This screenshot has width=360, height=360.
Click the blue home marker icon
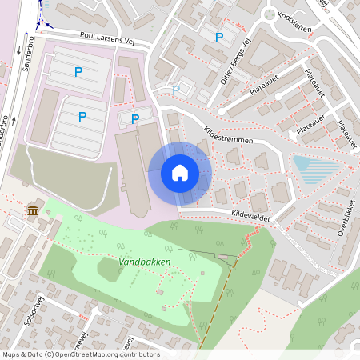[180, 173]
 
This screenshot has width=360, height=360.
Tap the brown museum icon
[33, 210]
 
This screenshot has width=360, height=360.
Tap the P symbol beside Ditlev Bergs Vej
[218, 37]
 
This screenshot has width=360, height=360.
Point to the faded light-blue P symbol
[176, 90]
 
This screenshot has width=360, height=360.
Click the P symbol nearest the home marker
[135, 119]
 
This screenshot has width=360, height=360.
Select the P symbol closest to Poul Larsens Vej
[78, 72]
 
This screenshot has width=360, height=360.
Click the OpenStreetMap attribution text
[81, 354]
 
